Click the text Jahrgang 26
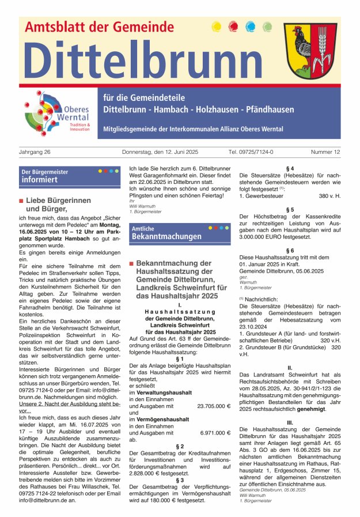[x=35, y=152]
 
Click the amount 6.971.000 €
[x=215, y=432]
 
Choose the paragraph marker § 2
[x=180, y=446]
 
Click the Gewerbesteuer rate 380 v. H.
[x=329, y=196]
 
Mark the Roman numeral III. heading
[x=290, y=422]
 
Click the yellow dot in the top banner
[x=217, y=26]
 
